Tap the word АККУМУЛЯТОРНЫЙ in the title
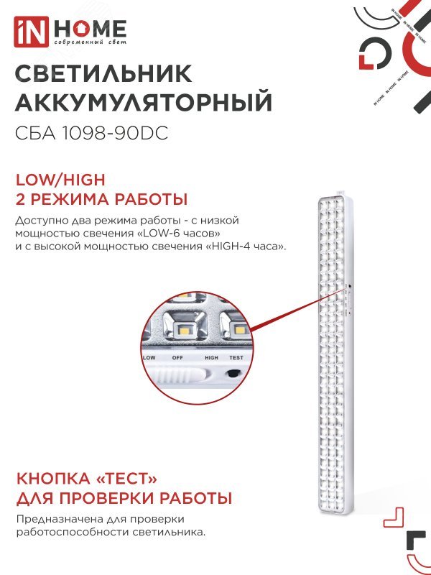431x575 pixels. [144, 103]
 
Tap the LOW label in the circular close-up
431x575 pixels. [149, 357]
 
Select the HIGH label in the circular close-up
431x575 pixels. [211, 357]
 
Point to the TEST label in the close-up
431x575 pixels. [236, 357]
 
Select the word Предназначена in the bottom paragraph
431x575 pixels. [55, 519]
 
